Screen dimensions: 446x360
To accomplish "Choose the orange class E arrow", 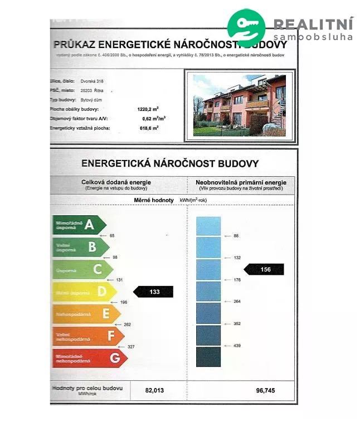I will tap(87, 314).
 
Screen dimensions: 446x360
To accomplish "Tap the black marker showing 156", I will tap(265, 269).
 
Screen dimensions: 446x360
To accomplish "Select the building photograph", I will tap(240, 105).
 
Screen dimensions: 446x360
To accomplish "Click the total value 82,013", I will tap(155, 390).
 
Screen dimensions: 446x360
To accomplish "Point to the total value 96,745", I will tap(265, 390).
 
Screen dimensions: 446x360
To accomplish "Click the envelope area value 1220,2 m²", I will tap(148, 109).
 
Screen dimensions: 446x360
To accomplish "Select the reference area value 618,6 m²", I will tap(148, 128).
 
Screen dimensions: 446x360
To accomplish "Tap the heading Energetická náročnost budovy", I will tap(170, 163).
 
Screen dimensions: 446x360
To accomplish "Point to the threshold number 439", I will tap(236, 346).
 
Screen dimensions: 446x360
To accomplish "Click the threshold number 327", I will tap(132, 347).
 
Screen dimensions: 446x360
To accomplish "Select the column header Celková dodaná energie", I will tap(116, 182).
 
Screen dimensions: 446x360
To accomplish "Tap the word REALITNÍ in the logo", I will tap(313, 24).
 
